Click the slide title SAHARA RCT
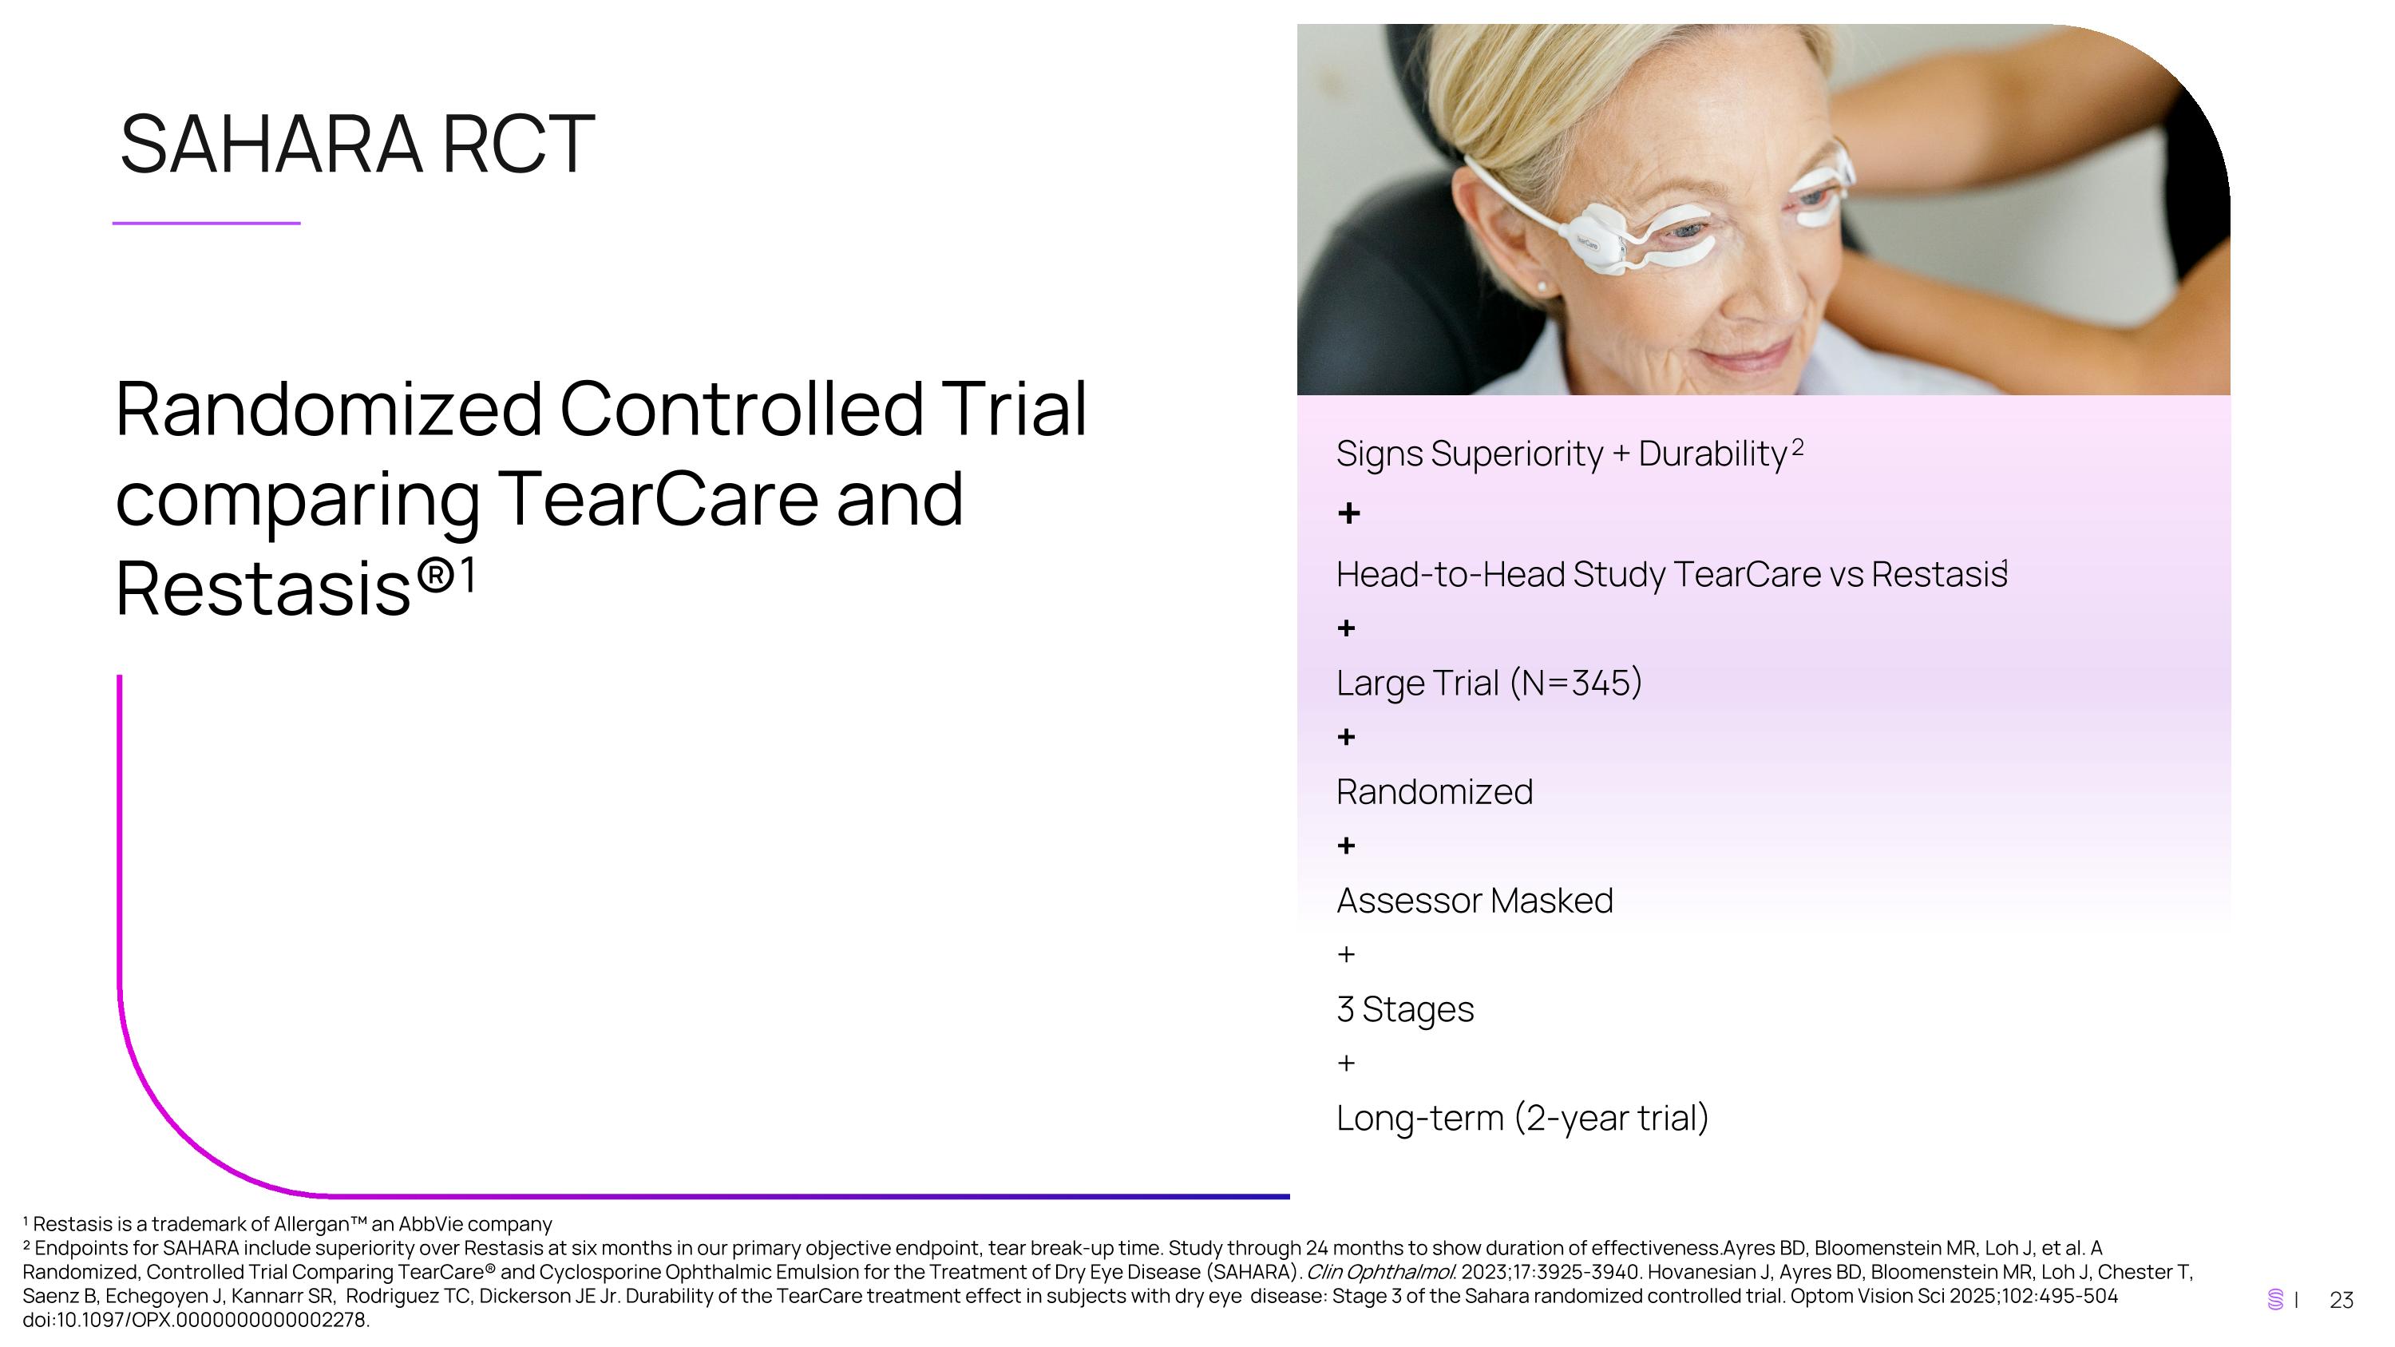tap(357, 144)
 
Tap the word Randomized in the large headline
tap(328, 409)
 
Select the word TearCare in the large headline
tap(659, 499)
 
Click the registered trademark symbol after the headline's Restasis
tap(435, 576)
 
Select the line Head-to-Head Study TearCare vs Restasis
tap(1671, 575)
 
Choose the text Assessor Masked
tap(1474, 901)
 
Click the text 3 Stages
tap(1404, 1009)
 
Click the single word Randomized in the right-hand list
tap(1434, 792)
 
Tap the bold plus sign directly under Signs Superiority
tap(1348, 513)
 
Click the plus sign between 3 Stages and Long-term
tap(1346, 1063)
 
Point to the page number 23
tap(2341, 1301)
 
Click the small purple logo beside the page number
tap(2275, 1300)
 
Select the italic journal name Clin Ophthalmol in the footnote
tap(1380, 1272)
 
